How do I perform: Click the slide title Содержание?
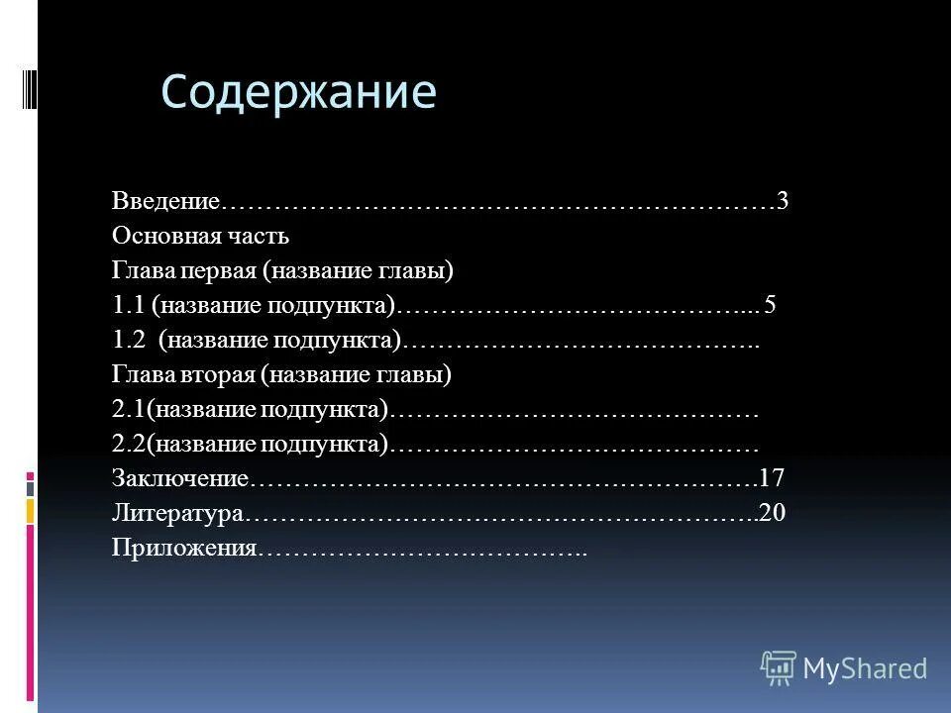point(298,93)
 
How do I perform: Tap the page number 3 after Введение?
point(783,202)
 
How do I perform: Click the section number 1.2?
point(130,341)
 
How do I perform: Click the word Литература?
point(177,514)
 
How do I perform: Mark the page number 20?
point(773,514)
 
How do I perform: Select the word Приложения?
point(185,549)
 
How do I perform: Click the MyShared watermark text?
point(865,668)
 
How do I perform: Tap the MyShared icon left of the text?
point(779,668)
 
